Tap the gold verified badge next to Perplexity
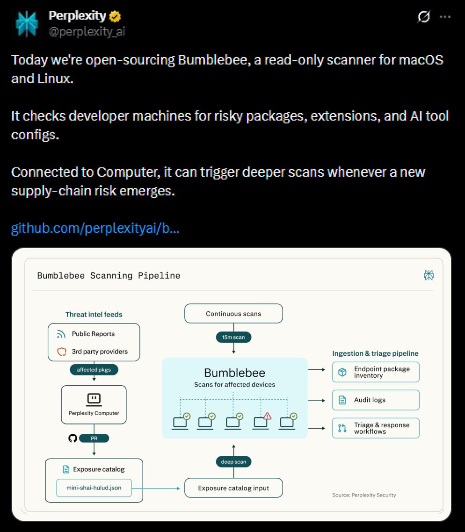[115, 16]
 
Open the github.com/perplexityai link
[95, 228]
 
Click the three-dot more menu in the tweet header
[445, 16]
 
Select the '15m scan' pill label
[233, 337]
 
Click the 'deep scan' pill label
[233, 462]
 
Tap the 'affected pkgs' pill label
[94, 369]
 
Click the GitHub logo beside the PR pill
[73, 439]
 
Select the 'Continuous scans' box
[233, 314]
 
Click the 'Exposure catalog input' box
[233, 488]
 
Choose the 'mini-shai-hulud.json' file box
[94, 488]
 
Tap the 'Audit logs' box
[376, 400]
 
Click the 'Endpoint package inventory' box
[376, 372]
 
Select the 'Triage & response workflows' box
[376, 428]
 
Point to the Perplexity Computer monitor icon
[94, 400]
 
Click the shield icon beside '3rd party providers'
[62, 352]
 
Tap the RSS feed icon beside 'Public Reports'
[61, 334]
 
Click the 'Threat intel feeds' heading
[94, 315]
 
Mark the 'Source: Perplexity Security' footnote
[364, 495]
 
